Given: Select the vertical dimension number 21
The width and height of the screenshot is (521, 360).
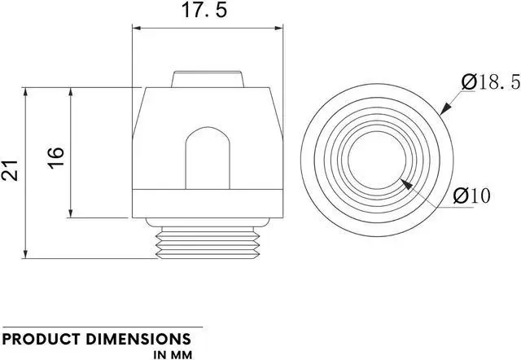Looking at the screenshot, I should tap(11, 170).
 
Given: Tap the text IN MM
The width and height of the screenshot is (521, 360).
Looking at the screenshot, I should tap(172, 355).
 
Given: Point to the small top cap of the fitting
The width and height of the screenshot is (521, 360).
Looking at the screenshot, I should tap(207, 79).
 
